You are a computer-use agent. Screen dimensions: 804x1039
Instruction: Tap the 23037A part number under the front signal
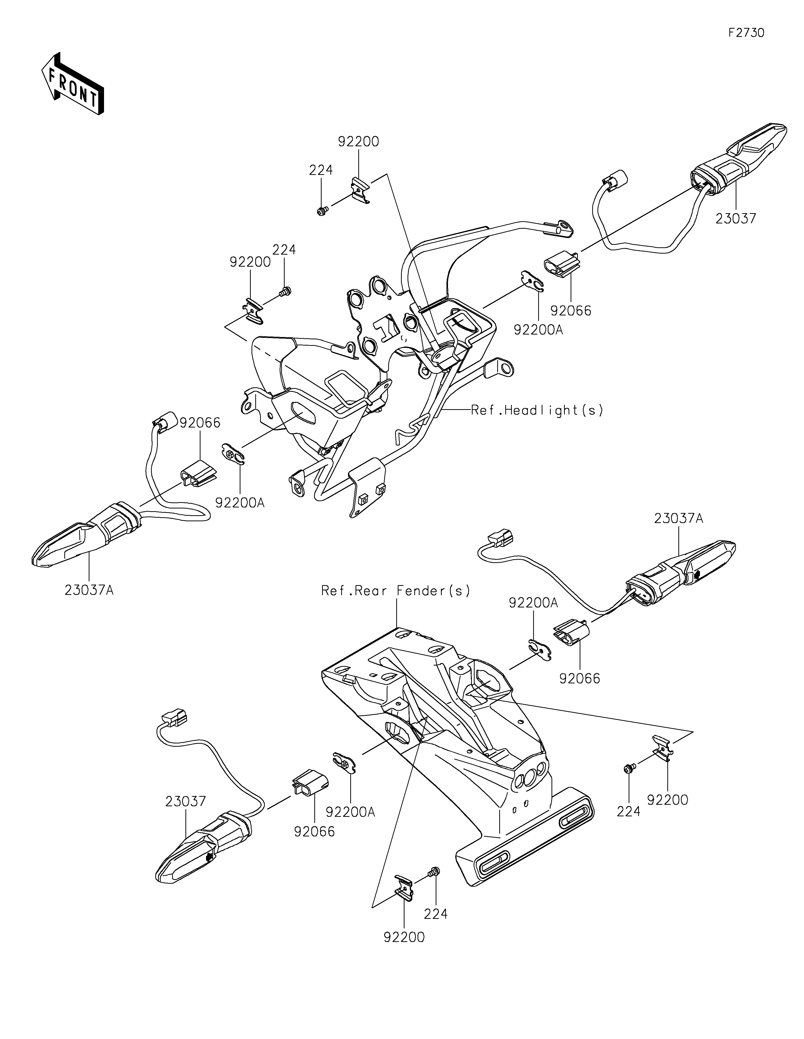tap(89, 590)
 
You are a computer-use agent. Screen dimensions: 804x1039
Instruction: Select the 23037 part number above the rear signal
tap(185, 801)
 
